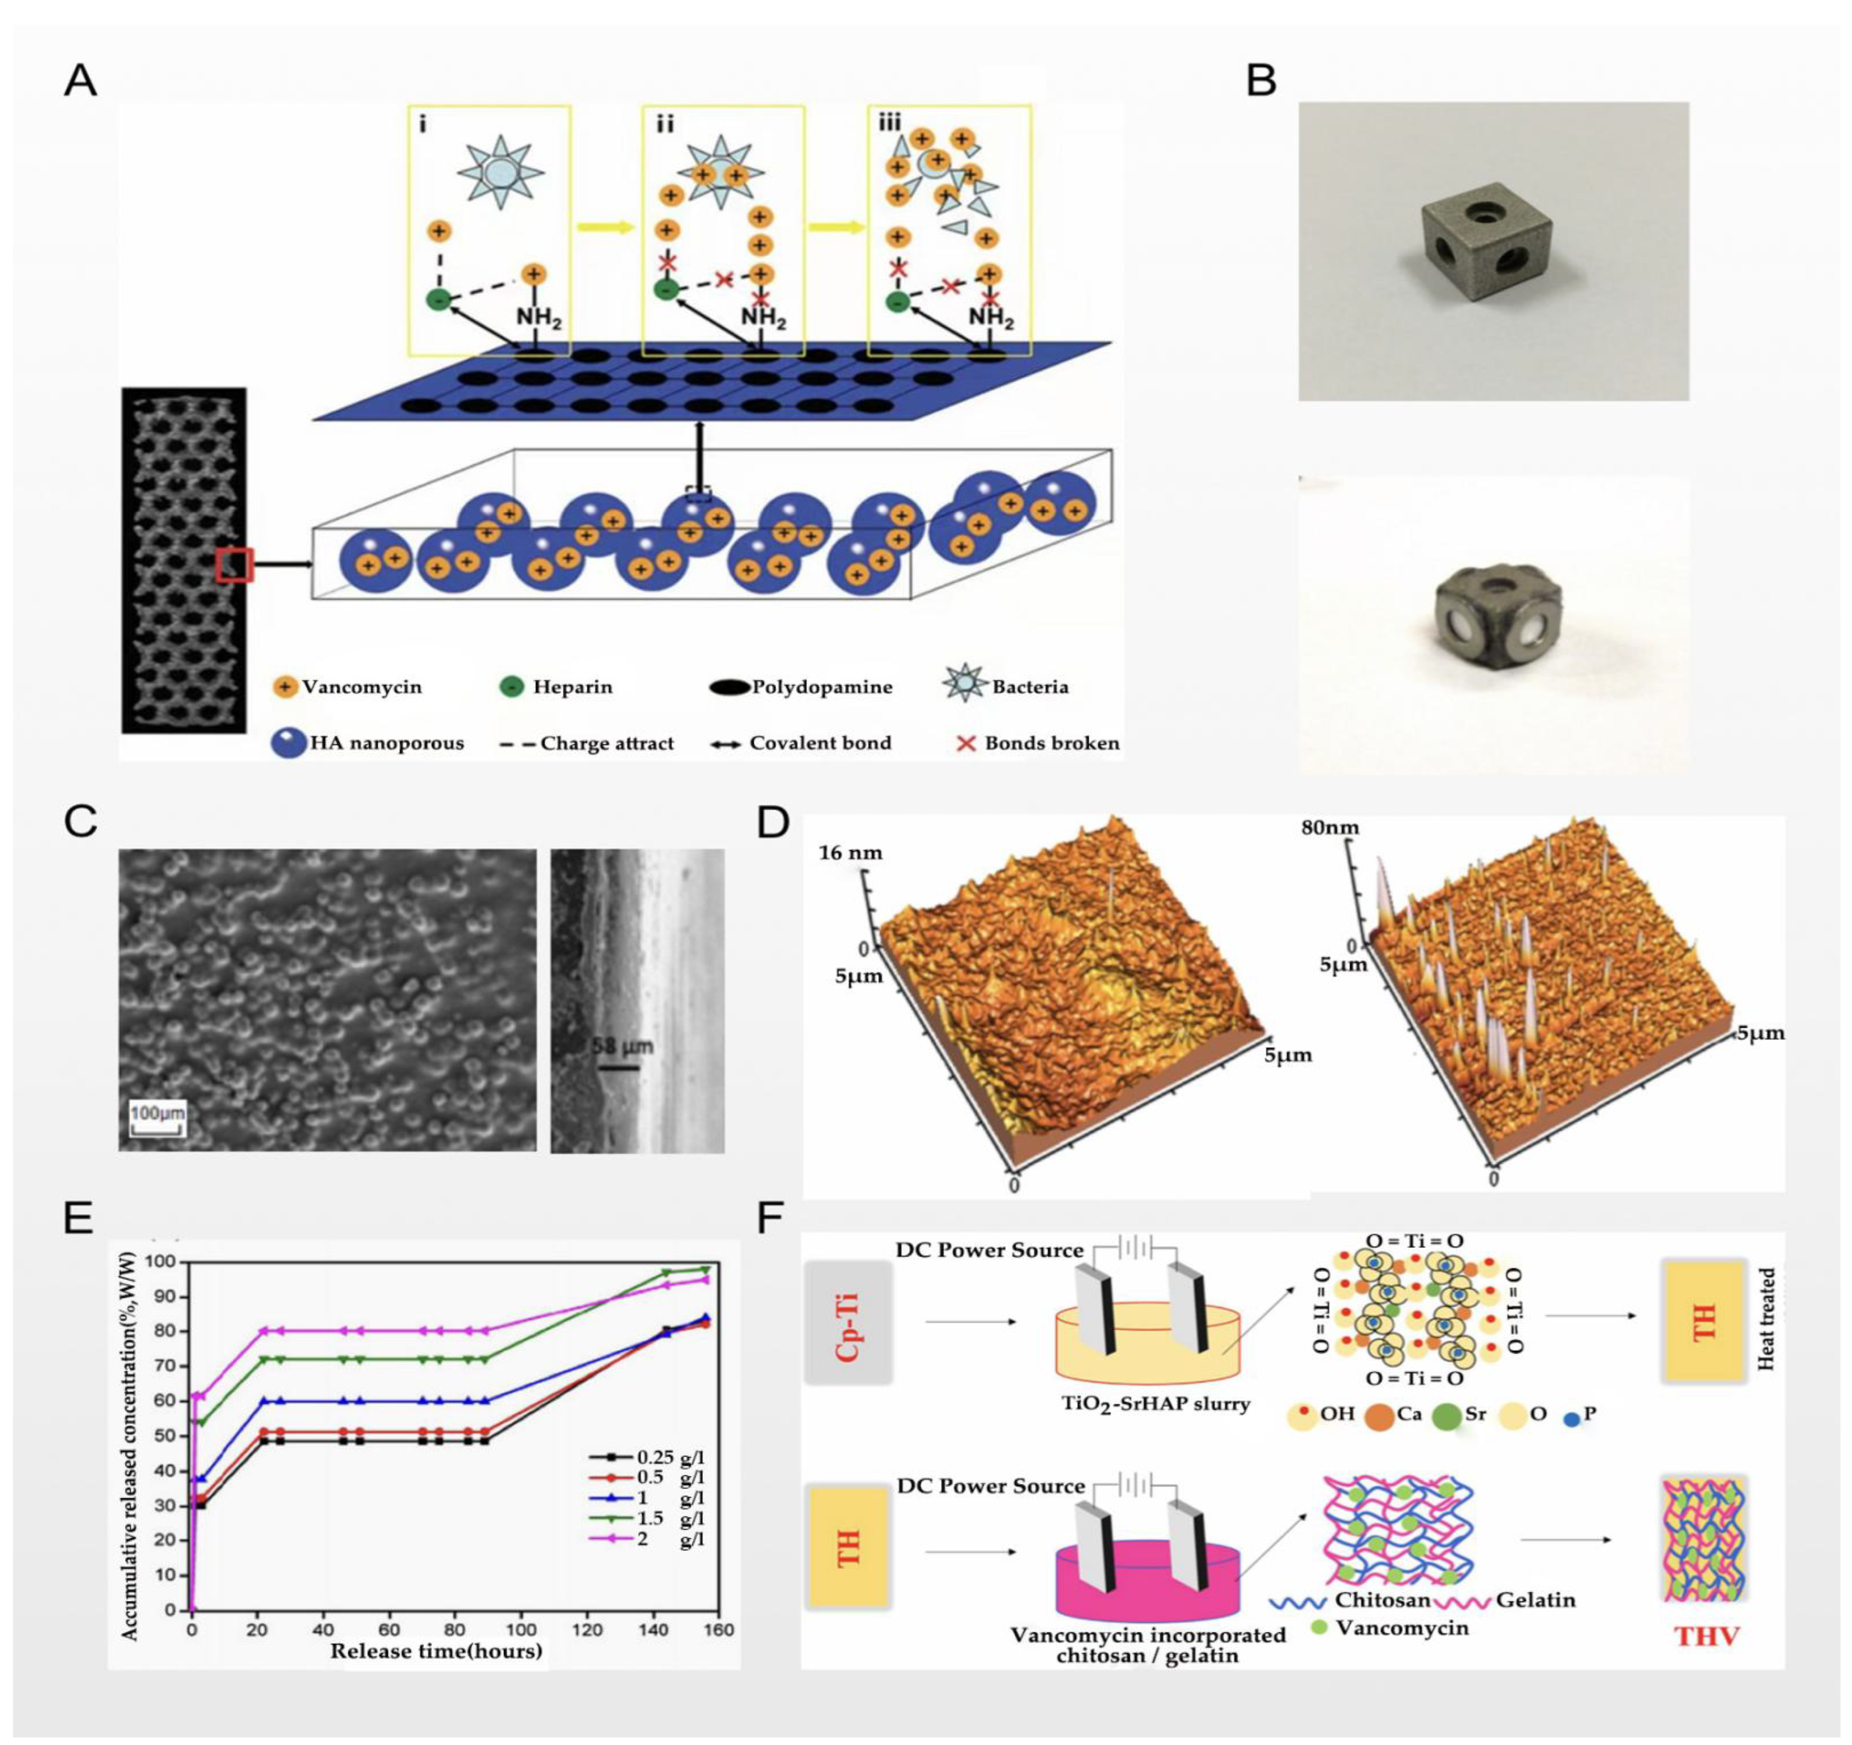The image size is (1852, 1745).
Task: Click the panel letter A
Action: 80,81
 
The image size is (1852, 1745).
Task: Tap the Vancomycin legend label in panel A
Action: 362,688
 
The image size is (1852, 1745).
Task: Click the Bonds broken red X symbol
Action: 966,743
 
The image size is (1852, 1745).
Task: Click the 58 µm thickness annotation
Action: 622,1047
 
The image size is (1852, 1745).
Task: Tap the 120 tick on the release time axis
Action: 587,1630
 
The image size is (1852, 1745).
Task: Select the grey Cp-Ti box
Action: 848,1321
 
